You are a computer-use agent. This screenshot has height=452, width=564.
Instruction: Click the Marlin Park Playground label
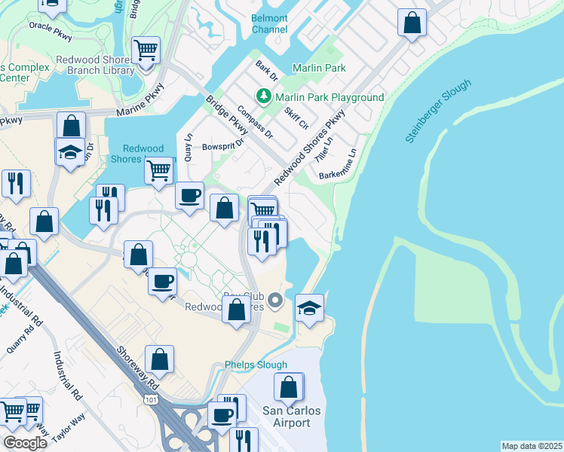click(330, 97)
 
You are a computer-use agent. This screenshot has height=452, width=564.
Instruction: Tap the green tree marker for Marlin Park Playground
click(264, 96)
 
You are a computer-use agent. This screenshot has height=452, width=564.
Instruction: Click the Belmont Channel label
click(270, 23)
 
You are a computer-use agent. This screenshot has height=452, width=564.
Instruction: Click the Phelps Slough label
click(256, 365)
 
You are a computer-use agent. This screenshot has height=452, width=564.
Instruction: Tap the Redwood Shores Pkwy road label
click(309, 148)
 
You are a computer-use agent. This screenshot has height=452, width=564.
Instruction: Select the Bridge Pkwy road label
click(227, 116)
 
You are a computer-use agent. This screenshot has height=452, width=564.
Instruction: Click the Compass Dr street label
click(254, 121)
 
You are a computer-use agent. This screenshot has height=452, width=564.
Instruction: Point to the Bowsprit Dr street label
click(224, 145)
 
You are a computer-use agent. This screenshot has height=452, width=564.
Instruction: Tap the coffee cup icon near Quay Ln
click(189, 195)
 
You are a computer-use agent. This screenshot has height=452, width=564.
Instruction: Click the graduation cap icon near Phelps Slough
click(309, 307)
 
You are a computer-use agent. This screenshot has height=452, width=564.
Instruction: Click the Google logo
click(26, 443)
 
